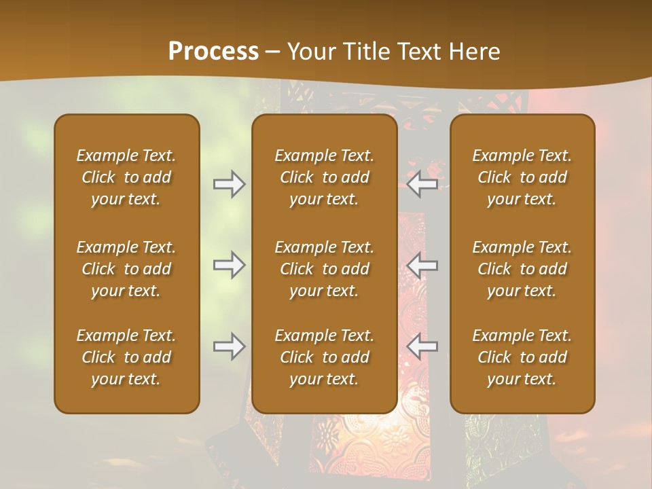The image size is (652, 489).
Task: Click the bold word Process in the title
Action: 213,52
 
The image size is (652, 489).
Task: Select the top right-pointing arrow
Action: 229,184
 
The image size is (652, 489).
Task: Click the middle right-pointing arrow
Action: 229,265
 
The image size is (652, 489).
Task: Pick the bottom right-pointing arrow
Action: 229,346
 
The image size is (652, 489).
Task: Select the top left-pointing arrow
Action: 422,184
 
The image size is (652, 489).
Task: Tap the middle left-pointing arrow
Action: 422,265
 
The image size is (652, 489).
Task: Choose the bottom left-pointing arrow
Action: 422,346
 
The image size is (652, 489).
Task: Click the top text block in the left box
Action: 126,177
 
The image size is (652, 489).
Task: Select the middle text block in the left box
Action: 126,269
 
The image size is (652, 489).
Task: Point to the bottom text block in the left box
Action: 126,357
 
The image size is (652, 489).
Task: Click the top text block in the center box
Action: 324,177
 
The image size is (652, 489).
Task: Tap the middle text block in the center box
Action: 324,269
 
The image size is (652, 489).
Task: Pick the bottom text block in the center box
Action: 324,357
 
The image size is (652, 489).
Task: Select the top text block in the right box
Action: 522,177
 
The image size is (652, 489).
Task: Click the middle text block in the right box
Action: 522,269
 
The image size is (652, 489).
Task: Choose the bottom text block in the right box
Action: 522,357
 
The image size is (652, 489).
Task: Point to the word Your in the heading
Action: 309,52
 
